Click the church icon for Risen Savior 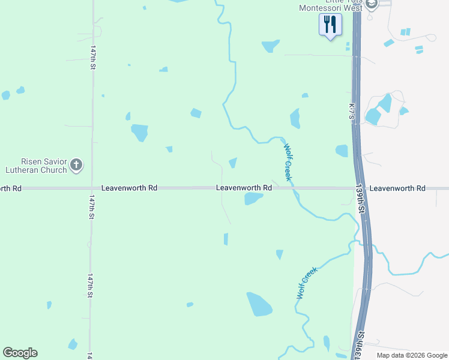click(x=76, y=165)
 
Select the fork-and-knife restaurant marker click(x=330, y=25)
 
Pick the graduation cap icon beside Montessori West click(x=372, y=4)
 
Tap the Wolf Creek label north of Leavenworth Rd click(x=288, y=161)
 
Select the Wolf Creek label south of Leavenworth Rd click(x=306, y=283)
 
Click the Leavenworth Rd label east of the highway click(x=397, y=188)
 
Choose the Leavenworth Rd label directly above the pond click(x=244, y=188)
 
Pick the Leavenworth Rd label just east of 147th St click(x=129, y=188)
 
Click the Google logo click(x=20, y=353)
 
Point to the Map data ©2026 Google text click(x=411, y=355)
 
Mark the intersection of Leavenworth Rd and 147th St click(x=92, y=188)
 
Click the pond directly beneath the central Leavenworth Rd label click(x=253, y=199)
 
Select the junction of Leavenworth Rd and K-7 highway click(x=358, y=188)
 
